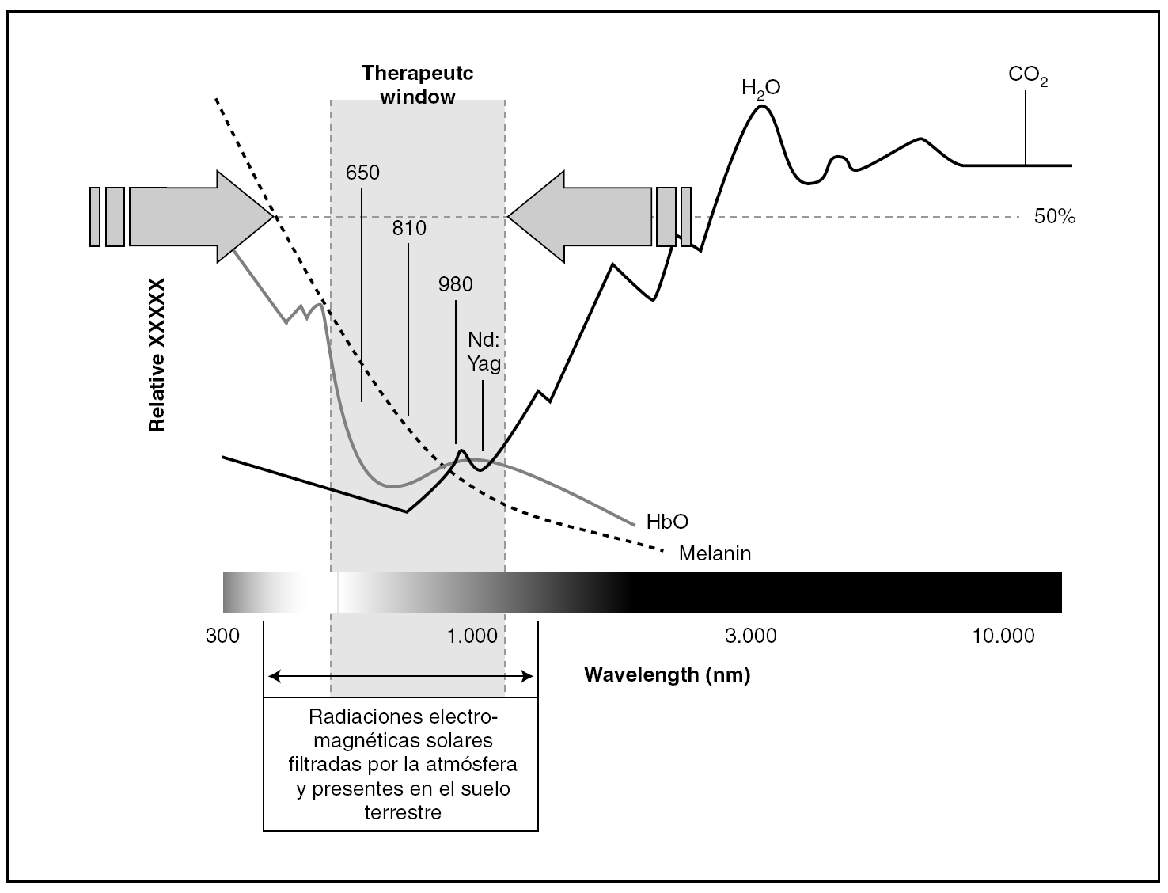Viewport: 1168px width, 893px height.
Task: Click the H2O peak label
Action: (760, 87)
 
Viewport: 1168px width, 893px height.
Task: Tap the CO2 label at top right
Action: (1028, 76)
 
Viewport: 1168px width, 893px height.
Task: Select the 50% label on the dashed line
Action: (1055, 217)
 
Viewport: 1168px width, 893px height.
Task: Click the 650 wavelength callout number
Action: (362, 173)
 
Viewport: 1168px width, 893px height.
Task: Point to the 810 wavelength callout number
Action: (409, 229)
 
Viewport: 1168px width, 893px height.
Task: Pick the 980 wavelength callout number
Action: (455, 284)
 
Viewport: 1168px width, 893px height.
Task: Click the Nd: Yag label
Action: (484, 351)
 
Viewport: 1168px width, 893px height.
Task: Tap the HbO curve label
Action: (667, 522)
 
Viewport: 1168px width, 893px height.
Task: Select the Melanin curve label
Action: (715, 553)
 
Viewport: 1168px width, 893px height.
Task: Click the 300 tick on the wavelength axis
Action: (222, 636)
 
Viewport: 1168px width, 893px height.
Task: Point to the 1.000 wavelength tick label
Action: (472, 636)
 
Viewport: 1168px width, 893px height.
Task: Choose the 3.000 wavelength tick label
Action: (750, 636)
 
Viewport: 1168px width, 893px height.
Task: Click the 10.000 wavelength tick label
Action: (1003, 636)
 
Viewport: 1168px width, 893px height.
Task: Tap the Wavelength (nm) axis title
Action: (667, 675)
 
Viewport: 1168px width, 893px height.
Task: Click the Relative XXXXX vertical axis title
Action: (157, 355)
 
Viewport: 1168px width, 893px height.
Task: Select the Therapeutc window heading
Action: (418, 85)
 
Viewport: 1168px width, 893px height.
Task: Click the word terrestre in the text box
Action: (402, 812)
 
